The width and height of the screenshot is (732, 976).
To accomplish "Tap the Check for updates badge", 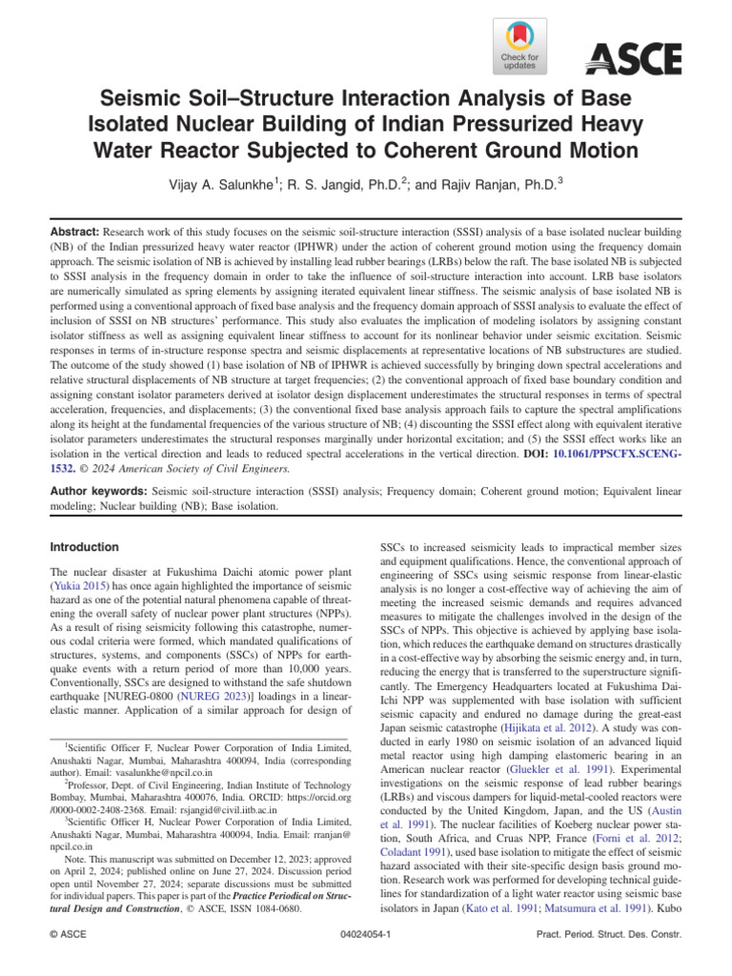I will tap(519, 48).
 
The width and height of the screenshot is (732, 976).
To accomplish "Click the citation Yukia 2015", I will tap(81, 588).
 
